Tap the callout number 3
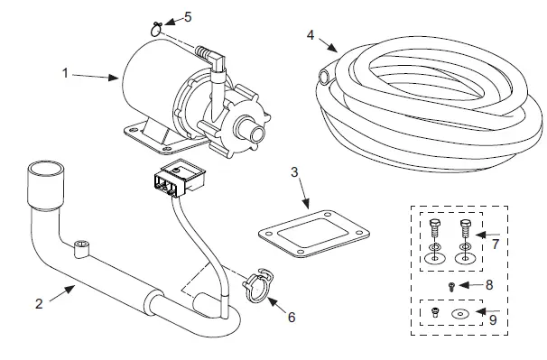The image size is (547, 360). [295, 171]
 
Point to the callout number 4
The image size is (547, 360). [311, 35]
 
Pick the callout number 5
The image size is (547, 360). [188, 16]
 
